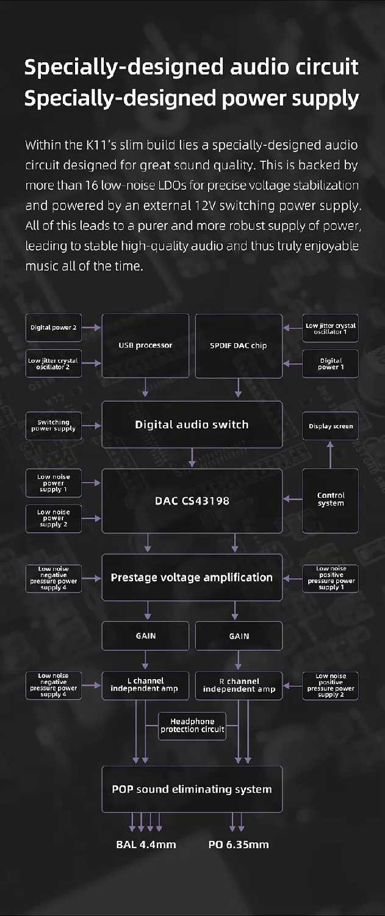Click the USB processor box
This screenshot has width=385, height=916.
coord(145,346)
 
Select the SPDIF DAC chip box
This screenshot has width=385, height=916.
coord(239,346)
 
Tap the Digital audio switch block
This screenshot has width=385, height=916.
coord(192,424)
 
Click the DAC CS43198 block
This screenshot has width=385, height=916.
coord(192,501)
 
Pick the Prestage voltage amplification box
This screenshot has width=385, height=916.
coord(192,578)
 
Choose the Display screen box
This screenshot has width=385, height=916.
coord(331,426)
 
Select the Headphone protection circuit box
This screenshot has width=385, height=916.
coord(192,725)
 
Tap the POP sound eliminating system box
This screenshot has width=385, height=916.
coord(192,789)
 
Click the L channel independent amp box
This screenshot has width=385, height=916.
coord(145,685)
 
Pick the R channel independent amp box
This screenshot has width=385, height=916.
coord(239,685)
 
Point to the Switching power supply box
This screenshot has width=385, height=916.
coord(54,426)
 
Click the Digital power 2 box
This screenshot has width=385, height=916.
coord(54,327)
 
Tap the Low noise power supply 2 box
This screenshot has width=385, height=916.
coord(54,518)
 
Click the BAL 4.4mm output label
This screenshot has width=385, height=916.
coord(146,845)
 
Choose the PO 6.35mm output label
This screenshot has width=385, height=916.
coord(239,845)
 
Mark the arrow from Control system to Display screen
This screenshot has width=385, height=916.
coord(331,454)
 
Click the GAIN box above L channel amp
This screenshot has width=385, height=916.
coord(145,636)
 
